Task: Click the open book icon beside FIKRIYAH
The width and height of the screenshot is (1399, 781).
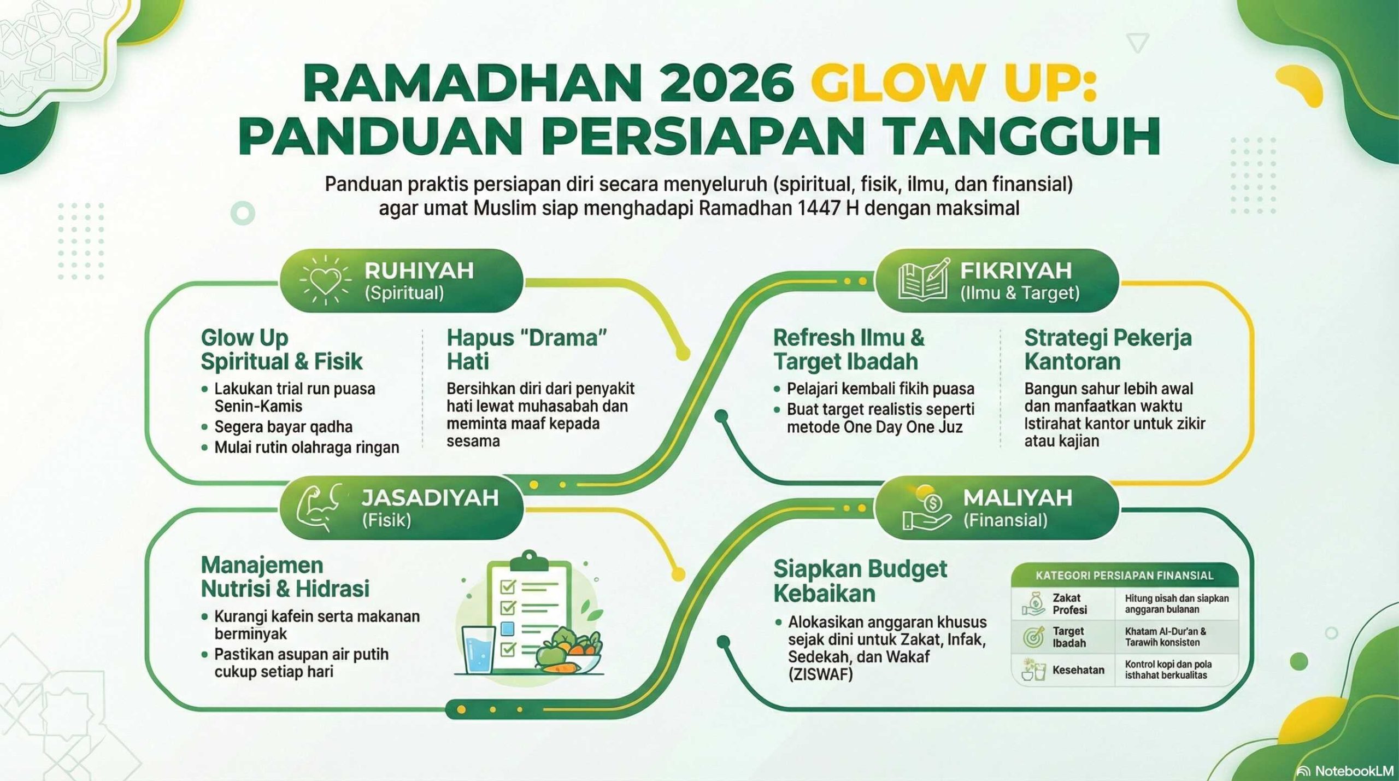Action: (924, 279)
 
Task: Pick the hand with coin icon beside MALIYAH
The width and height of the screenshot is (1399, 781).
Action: (927, 508)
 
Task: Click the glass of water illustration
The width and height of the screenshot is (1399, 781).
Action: (479, 649)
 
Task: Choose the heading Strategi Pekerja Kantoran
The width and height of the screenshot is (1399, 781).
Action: (1108, 349)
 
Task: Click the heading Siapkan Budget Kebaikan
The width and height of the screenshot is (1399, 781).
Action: (860, 581)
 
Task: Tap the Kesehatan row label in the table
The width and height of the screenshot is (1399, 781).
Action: (1078, 670)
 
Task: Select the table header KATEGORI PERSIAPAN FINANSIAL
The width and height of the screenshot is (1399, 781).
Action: (1124, 576)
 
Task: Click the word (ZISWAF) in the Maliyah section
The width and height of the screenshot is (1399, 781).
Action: (820, 674)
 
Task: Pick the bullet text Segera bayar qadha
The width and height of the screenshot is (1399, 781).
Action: (283, 427)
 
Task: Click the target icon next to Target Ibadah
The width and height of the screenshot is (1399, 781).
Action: (1033, 637)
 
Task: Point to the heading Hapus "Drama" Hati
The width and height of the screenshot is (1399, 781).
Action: (527, 349)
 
